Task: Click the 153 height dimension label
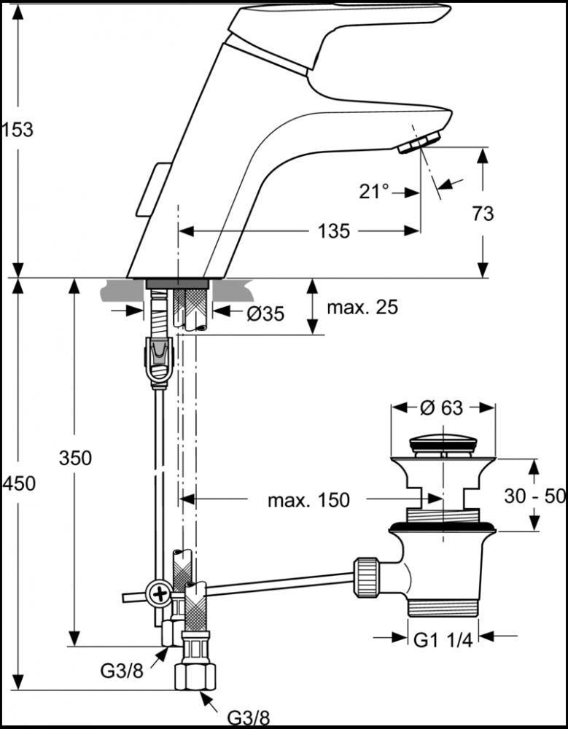17,130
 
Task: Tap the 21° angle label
374,192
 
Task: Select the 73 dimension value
482,214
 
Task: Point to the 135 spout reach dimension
334,231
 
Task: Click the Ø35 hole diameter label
264,313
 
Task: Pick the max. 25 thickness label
362,307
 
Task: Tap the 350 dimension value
76,459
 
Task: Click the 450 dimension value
17,483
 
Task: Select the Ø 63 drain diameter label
443,408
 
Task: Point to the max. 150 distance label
308,500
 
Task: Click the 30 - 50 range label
534,496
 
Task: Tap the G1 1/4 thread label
443,640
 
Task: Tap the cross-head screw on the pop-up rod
157,593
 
